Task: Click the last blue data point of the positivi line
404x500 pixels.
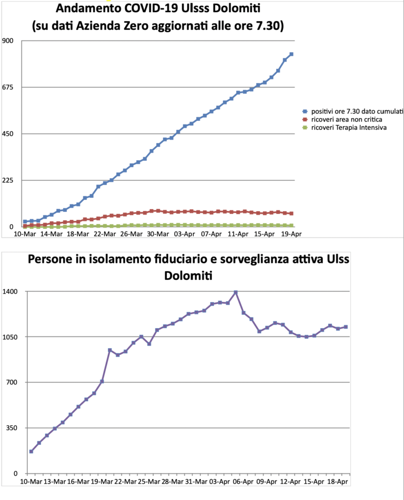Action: pyautogui.click(x=291, y=54)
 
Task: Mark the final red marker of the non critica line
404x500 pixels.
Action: pyautogui.click(x=291, y=213)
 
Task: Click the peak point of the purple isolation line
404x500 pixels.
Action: pyautogui.click(x=236, y=292)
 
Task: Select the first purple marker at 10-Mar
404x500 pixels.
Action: pyautogui.click(x=31, y=451)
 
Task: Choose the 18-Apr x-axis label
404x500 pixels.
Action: pyautogui.click(x=337, y=481)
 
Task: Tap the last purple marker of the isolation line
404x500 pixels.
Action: pyautogui.click(x=346, y=327)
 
